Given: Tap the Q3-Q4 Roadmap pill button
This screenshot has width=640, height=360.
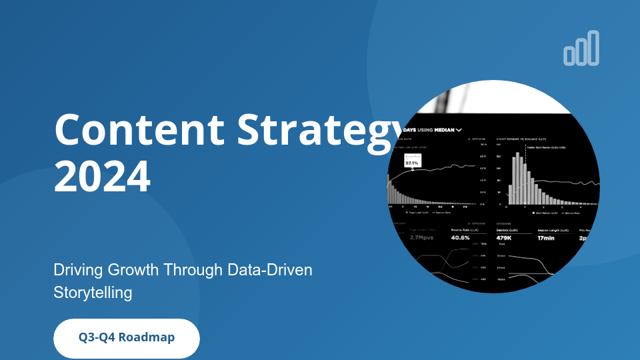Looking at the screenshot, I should [x=127, y=338].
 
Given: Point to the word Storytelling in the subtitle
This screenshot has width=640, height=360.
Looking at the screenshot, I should [x=93, y=292].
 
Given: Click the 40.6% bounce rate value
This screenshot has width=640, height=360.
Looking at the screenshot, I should [x=461, y=237].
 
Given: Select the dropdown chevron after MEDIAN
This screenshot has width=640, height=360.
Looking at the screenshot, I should [x=459, y=131].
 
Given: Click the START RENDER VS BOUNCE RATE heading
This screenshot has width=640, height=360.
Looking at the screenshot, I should [x=523, y=139].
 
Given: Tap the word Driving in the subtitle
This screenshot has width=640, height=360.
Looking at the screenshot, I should [x=75, y=270].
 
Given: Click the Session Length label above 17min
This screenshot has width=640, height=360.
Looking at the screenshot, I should [x=552, y=229].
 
